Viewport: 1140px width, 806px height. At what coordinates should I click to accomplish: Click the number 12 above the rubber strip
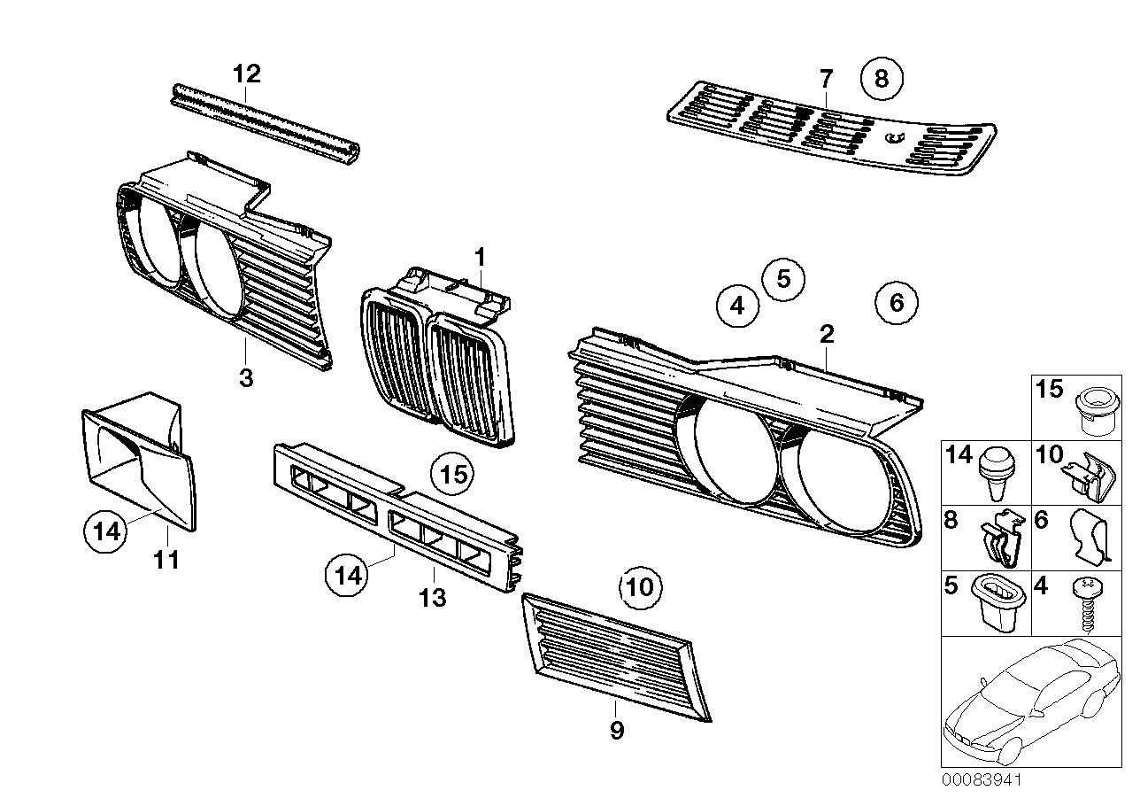click(247, 74)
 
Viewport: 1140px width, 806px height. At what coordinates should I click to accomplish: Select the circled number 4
click(737, 306)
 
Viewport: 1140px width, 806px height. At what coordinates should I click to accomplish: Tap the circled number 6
click(897, 304)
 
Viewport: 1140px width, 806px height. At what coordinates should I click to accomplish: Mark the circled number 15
click(452, 476)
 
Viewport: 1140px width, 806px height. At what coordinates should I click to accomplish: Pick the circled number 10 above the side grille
click(640, 586)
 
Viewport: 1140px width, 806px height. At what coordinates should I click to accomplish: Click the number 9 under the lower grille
click(617, 731)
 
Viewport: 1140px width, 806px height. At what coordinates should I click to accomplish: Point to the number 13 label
click(433, 598)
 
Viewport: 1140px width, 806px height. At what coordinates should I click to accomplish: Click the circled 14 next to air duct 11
click(105, 532)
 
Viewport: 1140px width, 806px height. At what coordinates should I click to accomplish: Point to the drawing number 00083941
click(981, 780)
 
